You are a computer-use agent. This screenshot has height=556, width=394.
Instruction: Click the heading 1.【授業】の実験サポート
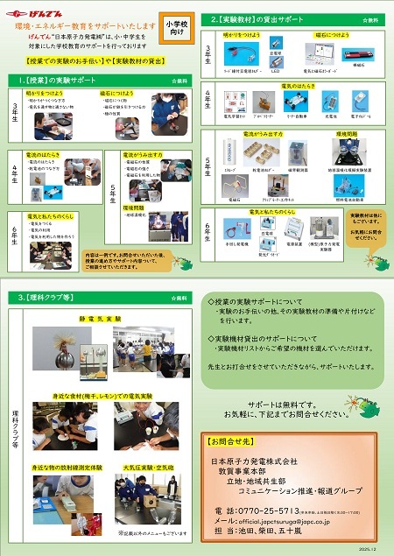coord(56,80)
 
